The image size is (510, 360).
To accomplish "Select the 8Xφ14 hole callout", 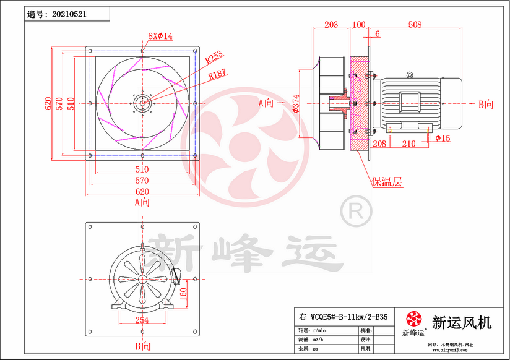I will (x=160, y=36).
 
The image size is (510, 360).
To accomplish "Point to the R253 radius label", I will (x=214, y=58).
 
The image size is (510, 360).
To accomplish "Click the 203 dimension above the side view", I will (x=331, y=25).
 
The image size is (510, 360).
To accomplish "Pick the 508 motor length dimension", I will (x=415, y=25).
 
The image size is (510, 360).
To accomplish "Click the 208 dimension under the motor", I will (x=379, y=144).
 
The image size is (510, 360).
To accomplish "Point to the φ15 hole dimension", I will (x=443, y=138).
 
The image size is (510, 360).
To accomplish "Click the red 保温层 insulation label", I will (x=387, y=182).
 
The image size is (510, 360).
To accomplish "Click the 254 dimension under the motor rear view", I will (x=142, y=320).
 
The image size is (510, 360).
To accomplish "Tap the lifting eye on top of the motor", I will (x=409, y=75).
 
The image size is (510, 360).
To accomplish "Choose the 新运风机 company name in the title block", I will (x=461, y=322).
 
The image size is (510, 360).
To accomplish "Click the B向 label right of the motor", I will (x=486, y=104).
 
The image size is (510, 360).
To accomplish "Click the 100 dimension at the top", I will (x=358, y=25).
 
